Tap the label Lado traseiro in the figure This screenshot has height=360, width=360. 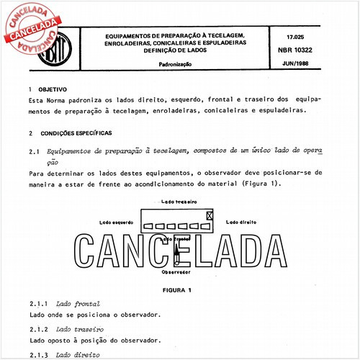(179, 202)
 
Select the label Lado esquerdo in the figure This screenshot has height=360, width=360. (120, 223)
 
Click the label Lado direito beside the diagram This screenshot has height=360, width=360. (243, 222)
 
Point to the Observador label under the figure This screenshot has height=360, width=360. (175, 273)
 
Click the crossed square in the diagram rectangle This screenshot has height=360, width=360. (210, 215)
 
